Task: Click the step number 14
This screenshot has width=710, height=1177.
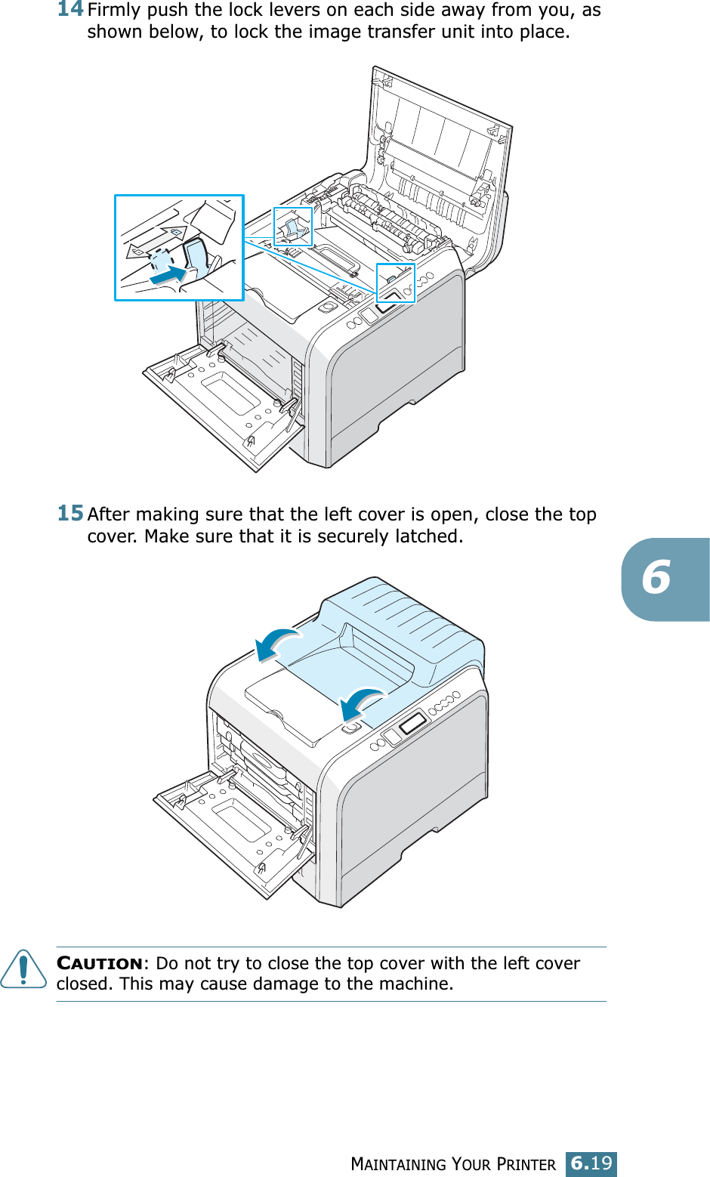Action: tap(70, 9)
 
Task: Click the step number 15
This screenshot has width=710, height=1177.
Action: tap(70, 513)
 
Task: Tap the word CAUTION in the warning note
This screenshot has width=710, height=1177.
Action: tap(100, 963)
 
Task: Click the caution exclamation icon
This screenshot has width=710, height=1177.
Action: tap(23, 968)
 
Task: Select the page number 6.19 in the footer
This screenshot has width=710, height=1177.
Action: tap(591, 1163)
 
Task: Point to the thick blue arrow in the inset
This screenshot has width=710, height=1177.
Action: tap(168, 275)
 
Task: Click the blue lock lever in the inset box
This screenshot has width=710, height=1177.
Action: tap(197, 256)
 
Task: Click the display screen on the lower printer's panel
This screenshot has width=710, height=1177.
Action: tap(412, 723)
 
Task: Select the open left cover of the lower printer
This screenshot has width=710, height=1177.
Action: tap(227, 823)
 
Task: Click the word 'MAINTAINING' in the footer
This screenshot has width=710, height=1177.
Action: tap(399, 1164)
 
